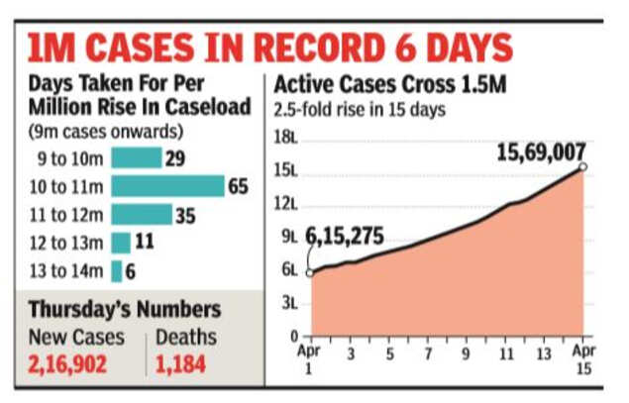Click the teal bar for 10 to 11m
tap(167, 186)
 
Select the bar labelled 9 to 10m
tap(136, 157)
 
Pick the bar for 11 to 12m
tap(142, 215)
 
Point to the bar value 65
tap(238, 186)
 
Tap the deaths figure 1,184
tap(180, 363)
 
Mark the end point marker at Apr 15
tap(582, 167)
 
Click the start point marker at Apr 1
tap(310, 274)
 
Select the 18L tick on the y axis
tap(288, 139)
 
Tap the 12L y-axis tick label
tap(288, 205)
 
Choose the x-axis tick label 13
tap(544, 353)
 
